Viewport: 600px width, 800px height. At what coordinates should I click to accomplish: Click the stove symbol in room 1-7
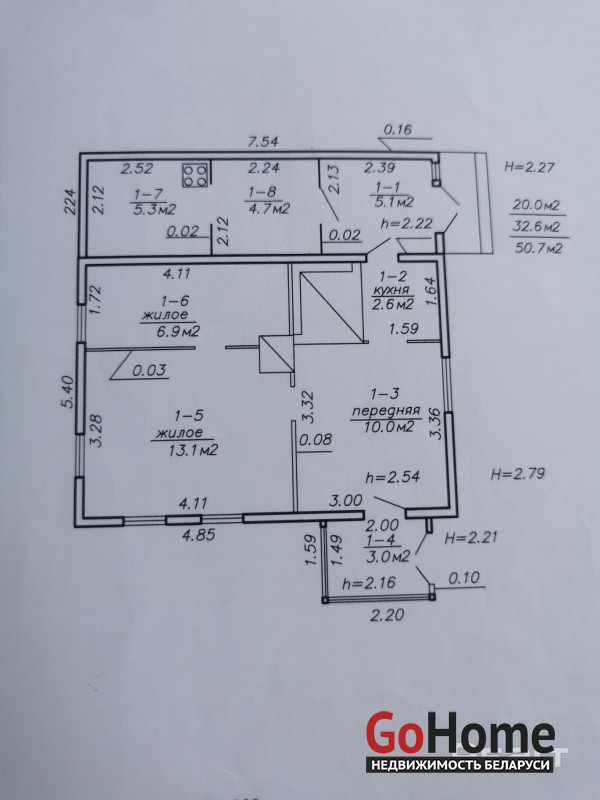195,174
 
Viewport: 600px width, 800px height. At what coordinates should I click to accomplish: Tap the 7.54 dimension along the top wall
263,141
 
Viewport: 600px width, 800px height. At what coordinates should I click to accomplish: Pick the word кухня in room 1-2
392,290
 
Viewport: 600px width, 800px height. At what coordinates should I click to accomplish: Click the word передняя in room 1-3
386,411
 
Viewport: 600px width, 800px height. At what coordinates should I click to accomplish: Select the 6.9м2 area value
171,331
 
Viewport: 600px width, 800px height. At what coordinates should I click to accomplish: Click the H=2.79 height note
518,473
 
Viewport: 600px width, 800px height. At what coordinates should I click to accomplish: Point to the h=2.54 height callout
393,477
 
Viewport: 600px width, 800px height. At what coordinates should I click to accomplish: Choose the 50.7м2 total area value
538,248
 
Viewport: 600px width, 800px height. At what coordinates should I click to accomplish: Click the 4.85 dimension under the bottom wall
197,535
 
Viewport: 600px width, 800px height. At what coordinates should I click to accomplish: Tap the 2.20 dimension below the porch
387,615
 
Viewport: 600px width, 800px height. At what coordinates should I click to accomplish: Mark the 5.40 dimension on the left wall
68,391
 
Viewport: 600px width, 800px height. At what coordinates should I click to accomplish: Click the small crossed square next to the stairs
277,354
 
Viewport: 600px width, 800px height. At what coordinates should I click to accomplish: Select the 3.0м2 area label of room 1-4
388,556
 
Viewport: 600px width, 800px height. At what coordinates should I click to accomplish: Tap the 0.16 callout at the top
397,130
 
